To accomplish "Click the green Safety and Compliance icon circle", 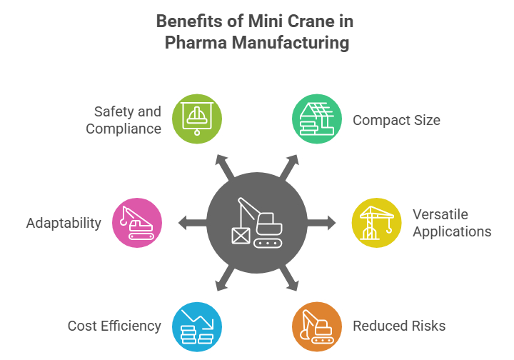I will point(198,118).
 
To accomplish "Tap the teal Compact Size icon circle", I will point(316,118).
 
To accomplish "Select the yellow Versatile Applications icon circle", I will point(376,222).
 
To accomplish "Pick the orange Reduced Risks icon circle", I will point(316,326).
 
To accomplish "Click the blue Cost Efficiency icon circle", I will point(198,326).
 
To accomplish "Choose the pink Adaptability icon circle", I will point(138,222).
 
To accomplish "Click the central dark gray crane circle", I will point(257,222).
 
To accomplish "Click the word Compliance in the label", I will point(124,129).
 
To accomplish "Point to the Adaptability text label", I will point(64,223).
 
